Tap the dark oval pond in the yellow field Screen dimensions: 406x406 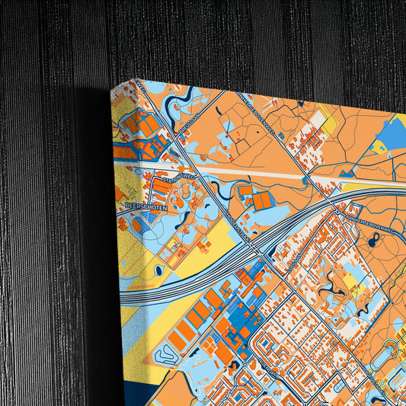(158, 270)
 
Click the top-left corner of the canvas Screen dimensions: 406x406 (112, 88)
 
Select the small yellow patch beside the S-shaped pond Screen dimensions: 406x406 (350, 282)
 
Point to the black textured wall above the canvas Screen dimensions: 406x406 (229, 38)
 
